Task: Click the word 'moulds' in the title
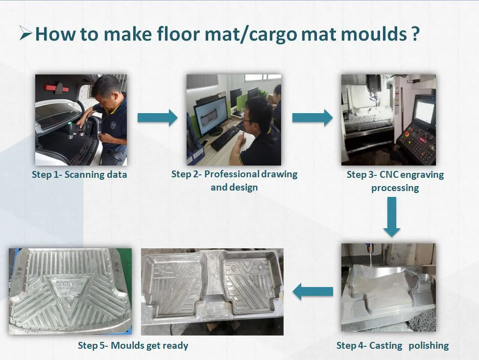click(x=374, y=34)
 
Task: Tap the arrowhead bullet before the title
click(x=25, y=33)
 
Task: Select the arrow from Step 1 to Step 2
click(x=157, y=118)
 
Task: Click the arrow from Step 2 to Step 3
click(x=312, y=118)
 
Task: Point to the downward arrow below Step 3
click(x=392, y=216)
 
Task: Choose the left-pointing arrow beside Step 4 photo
click(x=313, y=291)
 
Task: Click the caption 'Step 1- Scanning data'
click(x=79, y=175)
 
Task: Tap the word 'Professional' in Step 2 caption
click(x=231, y=174)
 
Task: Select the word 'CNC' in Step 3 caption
click(x=388, y=175)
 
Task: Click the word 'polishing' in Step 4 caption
click(x=429, y=346)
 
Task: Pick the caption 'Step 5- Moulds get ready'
click(x=133, y=346)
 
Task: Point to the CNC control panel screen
click(x=425, y=113)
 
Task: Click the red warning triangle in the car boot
click(x=56, y=88)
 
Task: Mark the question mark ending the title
click(x=414, y=34)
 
